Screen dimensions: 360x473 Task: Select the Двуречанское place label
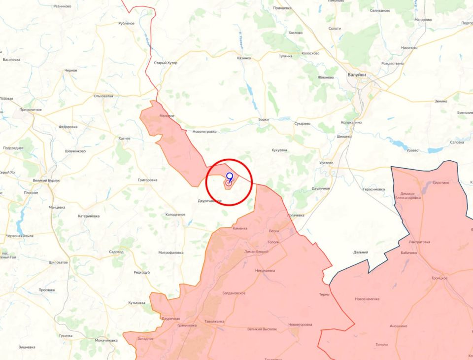pos(210,201)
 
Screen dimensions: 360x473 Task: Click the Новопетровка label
pos(204,131)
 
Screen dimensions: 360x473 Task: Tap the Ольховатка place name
pos(103,96)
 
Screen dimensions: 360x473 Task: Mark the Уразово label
pos(326,163)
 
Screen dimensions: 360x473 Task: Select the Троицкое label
pos(439,278)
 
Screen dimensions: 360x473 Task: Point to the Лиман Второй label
pos(256,252)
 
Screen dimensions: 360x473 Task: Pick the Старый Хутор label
pos(166,63)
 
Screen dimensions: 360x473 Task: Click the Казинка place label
pos(243,58)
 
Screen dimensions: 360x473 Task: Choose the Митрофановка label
pos(171,252)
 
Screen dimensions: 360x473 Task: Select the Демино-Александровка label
pos(410,195)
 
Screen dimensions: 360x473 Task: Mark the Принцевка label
pos(282,8)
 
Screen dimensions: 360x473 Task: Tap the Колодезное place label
pos(175,215)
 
